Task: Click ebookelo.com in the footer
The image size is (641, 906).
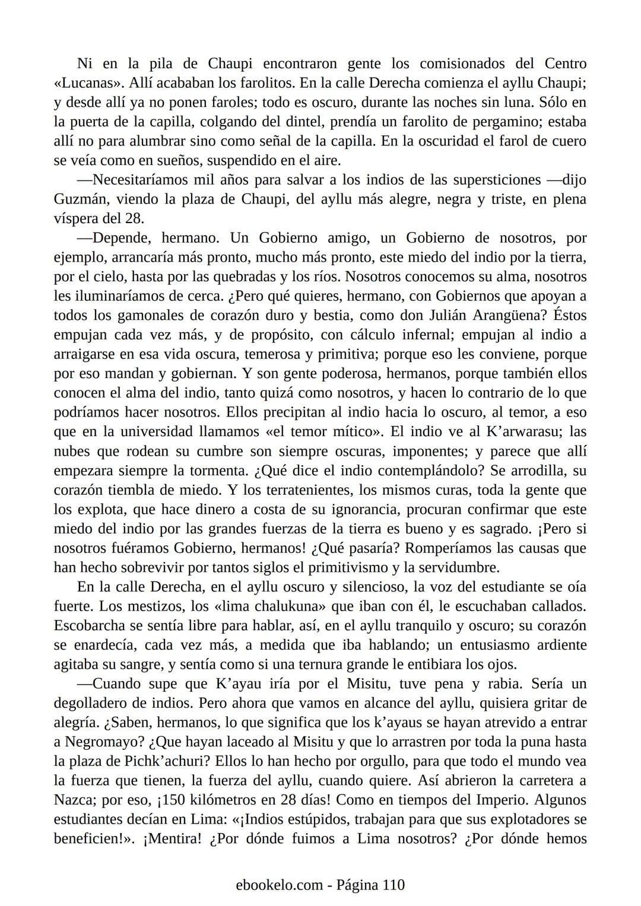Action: pos(279,885)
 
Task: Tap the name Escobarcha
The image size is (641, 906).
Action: pos(90,625)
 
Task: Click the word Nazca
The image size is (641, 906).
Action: pos(74,800)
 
